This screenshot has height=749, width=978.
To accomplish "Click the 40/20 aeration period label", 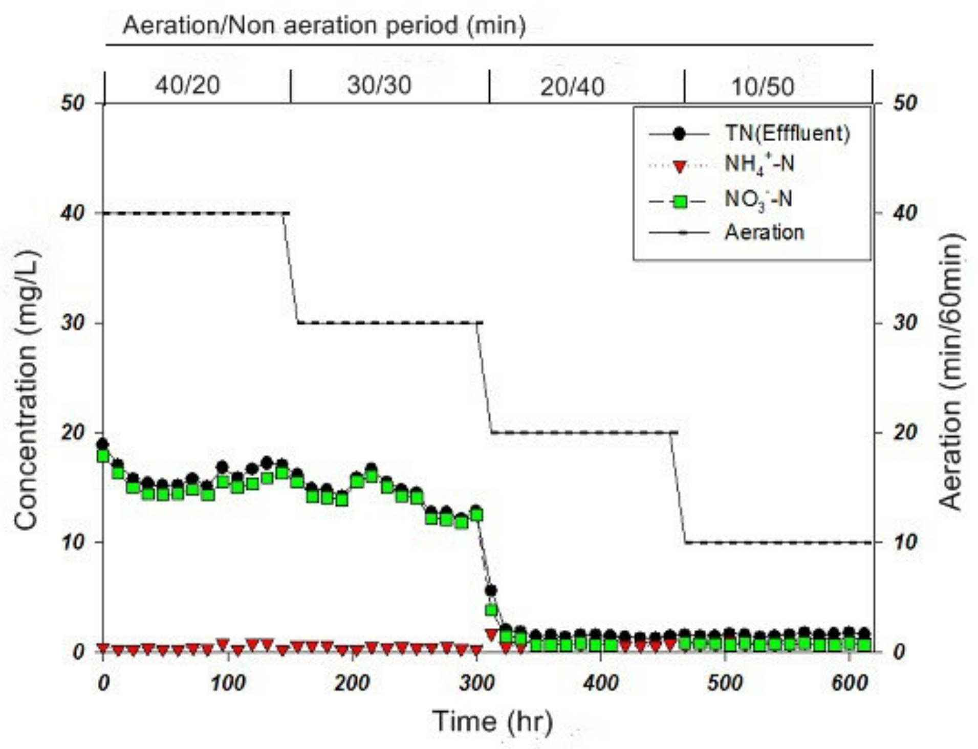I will click(188, 85).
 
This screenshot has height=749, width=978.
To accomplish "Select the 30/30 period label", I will click(379, 85).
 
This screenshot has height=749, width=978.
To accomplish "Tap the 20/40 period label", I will click(572, 86).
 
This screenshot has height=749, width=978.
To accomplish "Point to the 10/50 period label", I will click(763, 86).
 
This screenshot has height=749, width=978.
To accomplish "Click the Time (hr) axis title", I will click(492, 721).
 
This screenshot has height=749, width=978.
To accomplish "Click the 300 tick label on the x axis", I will click(476, 683).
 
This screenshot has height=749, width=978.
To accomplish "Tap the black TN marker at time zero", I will click(103, 444).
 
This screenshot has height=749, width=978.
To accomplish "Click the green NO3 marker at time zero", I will click(103, 455).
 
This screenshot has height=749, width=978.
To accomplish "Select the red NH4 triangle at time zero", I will click(103, 649).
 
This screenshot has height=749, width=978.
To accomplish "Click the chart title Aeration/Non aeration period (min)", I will click(324, 25).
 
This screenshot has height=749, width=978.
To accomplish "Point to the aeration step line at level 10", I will click(778, 542).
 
